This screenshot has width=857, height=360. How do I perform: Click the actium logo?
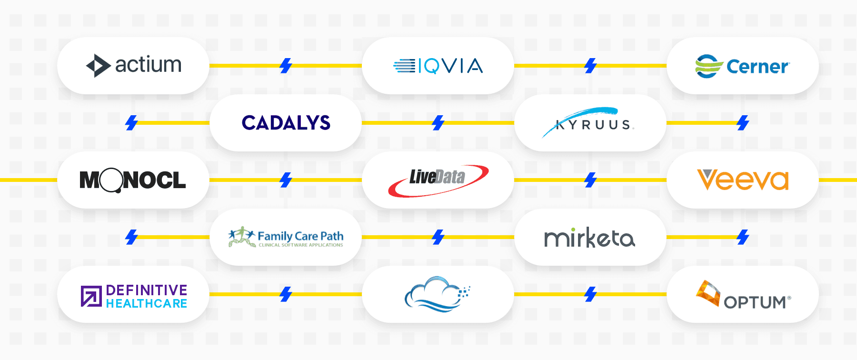pyautogui.click(x=134, y=65)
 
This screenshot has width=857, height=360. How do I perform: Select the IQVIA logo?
pyautogui.click(x=438, y=66)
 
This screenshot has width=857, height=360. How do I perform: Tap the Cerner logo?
pyautogui.click(x=742, y=66)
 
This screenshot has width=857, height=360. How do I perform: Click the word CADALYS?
pyautogui.click(x=286, y=123)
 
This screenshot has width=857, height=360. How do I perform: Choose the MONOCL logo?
pyautogui.click(x=133, y=180)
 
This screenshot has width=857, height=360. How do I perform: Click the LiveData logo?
pyautogui.click(x=438, y=180)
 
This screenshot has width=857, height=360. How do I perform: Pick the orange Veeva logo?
pyautogui.click(x=743, y=180)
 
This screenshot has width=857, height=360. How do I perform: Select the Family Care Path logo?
pyautogui.click(x=286, y=237)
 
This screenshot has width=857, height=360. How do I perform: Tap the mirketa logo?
pyautogui.click(x=589, y=237)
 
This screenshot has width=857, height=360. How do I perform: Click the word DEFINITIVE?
pyautogui.click(x=146, y=290)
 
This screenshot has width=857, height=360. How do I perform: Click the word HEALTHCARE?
pyautogui.click(x=146, y=303)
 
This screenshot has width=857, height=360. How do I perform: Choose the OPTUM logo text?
pyautogui.click(x=755, y=302)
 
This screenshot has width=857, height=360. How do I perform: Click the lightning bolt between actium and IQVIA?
pyautogui.click(x=286, y=66)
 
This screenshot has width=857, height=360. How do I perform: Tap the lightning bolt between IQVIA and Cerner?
pyautogui.click(x=590, y=66)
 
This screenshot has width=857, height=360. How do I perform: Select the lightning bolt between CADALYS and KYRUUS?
pyautogui.click(x=438, y=123)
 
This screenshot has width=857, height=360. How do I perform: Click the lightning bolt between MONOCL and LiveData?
pyautogui.click(x=286, y=180)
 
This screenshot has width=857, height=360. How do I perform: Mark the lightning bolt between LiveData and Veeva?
pyautogui.click(x=590, y=180)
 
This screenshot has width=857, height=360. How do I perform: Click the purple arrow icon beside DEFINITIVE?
pyautogui.click(x=91, y=296)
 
